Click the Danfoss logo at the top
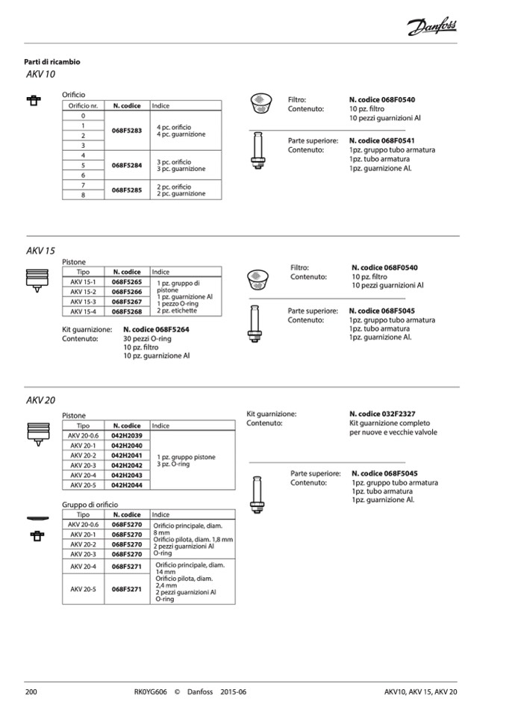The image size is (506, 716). [432, 28]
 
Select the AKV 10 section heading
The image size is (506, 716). [40, 75]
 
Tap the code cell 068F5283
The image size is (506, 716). [127, 131]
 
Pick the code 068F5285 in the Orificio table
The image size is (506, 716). [127, 190]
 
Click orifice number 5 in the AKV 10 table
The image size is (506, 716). [83, 165]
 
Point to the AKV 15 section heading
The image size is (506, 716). [40, 252]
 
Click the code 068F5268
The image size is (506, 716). [127, 311]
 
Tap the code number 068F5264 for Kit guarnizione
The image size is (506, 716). [156, 329]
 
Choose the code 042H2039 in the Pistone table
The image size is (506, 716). [127, 435]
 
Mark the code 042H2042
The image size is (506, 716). [127, 465]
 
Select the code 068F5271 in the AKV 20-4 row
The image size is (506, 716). [127, 567]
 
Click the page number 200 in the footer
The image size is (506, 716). [32, 691]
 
